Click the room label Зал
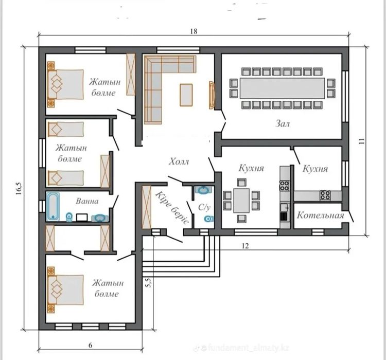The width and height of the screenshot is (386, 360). pos(283,123)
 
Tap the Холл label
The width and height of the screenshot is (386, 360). pos(179,161)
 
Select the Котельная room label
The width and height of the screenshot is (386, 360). pos(320,215)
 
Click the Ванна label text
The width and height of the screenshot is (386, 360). pos(87,201)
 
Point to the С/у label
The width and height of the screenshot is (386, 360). pos(204,207)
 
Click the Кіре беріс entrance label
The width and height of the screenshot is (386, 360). pos(172,207)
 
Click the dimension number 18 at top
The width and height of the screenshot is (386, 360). pos(194,31)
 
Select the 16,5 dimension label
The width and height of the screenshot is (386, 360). pos(19,189)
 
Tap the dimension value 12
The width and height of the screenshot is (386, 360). pos(245,246)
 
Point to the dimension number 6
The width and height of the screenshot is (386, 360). pos(91,345)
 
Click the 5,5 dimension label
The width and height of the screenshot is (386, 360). pos(148,282)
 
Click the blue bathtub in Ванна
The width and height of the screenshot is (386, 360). pos(53,206)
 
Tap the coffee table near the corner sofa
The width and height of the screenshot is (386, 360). pos(186,95)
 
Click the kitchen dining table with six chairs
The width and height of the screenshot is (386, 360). pos(241,201)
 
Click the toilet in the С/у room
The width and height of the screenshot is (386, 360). pos(209,219)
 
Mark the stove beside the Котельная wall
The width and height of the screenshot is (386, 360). pos(325,195)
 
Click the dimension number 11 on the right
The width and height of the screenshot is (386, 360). pos(361,141)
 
